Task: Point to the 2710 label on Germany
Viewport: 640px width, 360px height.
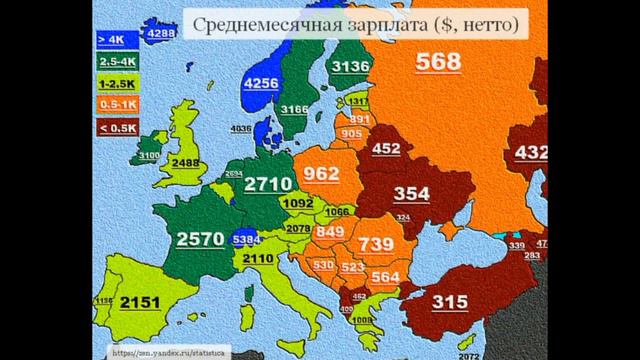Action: point(268,184)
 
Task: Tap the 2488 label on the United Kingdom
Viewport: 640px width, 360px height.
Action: point(190,166)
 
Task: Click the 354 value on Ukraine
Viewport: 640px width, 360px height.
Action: point(411,192)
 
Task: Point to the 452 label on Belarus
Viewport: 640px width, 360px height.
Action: point(385,150)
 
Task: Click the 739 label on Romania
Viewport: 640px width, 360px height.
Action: point(376,245)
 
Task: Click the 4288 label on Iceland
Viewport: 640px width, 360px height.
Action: point(161,33)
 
